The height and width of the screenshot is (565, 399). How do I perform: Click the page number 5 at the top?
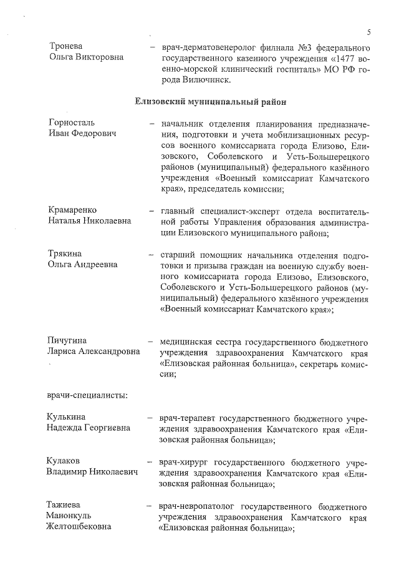(x=369, y=32)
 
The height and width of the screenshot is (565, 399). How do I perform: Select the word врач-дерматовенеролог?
(x=209, y=47)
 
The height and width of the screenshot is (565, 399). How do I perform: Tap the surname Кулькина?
(x=67, y=417)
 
